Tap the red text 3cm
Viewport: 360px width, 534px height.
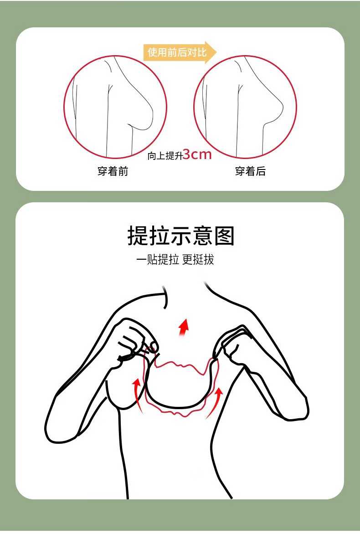(197, 154)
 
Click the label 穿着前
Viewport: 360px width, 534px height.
(113, 171)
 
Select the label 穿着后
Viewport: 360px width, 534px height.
(250, 171)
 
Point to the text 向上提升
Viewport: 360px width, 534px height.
(165, 156)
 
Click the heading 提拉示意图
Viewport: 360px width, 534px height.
(181, 236)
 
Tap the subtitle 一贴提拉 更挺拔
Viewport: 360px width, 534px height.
(175, 260)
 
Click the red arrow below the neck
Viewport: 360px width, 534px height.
(184, 327)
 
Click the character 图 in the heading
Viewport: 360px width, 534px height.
(225, 236)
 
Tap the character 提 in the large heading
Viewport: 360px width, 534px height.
(138, 236)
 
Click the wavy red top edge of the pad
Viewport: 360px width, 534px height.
(180, 365)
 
